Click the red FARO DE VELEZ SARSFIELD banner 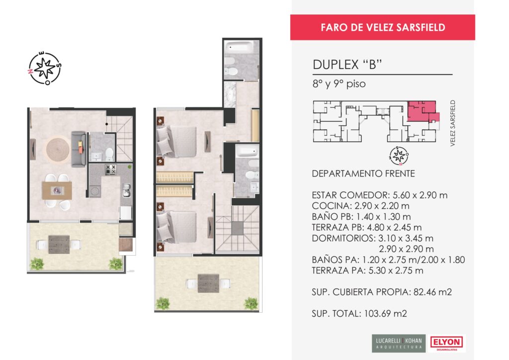tap(382, 27)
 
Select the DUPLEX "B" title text tap(347, 65)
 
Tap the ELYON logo tap(447, 343)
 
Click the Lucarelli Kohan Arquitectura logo tap(399, 344)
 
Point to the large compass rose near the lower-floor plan tap(45, 68)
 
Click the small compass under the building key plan tap(399, 156)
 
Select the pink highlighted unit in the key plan tap(423, 111)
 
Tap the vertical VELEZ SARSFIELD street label tap(453, 123)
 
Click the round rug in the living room tap(58, 150)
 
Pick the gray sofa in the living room tap(79, 149)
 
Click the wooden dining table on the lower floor tap(57, 190)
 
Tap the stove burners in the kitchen tap(110, 170)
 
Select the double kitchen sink tap(126, 190)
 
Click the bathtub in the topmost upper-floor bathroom tap(242, 47)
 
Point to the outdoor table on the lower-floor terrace tap(59, 245)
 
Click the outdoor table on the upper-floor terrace tap(208, 283)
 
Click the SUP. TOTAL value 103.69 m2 tap(386, 314)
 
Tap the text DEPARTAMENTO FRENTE tap(363, 174)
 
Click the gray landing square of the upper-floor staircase tap(237, 228)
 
